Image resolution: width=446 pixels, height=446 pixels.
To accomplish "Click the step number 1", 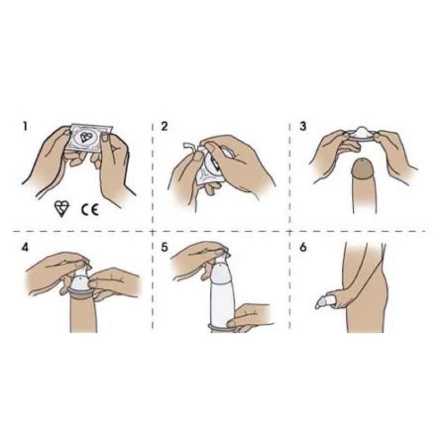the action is tap(25, 126).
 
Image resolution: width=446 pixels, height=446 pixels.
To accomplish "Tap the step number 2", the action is tap(164, 126).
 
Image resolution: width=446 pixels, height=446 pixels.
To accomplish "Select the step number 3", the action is tap(303, 126).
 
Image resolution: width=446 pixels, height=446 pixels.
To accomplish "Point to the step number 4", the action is tap(25, 248).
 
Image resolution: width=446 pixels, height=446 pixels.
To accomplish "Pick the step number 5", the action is tap(164, 248).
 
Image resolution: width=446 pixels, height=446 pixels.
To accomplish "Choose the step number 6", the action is tap(303, 248).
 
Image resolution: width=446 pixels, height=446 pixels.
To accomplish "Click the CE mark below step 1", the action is tap(90, 210).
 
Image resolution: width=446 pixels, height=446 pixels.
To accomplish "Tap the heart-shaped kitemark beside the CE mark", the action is tap(61, 208).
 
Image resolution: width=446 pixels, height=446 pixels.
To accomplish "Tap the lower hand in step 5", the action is tap(248, 318).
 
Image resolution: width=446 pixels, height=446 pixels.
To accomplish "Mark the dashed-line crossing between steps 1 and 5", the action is tap(153, 231).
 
